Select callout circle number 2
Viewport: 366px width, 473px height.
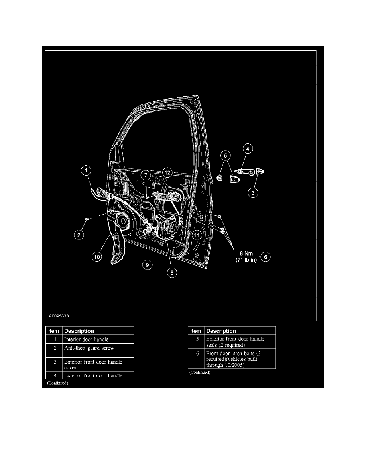[x=79, y=235]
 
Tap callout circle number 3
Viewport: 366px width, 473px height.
[x=252, y=193]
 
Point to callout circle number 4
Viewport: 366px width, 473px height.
[x=248, y=149]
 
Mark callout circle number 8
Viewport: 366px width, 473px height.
[x=172, y=273]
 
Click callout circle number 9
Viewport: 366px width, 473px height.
[x=147, y=264]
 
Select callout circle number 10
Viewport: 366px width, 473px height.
[x=97, y=257]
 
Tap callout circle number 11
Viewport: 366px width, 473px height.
[x=196, y=235]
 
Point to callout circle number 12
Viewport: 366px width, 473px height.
[x=167, y=172]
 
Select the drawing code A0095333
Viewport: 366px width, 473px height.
[x=59, y=315]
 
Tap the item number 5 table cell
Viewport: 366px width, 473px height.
[x=196, y=339]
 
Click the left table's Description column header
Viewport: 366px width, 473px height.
[x=79, y=331]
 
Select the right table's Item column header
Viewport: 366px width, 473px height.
[x=196, y=331]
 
